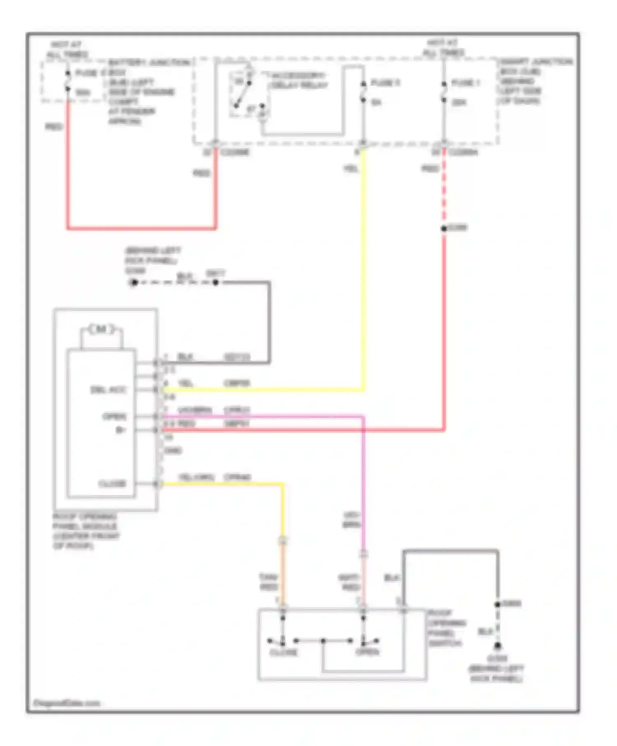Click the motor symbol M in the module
click(101, 329)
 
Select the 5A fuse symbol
click(363, 93)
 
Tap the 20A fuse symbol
click(444, 93)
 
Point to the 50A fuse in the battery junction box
click(68, 82)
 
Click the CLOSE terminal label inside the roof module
click(112, 484)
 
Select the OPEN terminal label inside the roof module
click(114, 417)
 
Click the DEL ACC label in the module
click(108, 389)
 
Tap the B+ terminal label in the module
click(121, 430)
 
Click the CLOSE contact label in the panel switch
click(283, 653)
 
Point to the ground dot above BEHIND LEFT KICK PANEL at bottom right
click(498, 646)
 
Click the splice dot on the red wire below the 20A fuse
click(444, 228)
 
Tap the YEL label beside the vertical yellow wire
click(351, 169)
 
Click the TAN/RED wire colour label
click(269, 582)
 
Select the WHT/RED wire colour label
click(349, 582)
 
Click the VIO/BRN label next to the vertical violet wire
click(352, 520)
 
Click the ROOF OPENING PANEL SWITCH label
click(446, 628)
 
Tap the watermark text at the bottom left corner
click(67, 704)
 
